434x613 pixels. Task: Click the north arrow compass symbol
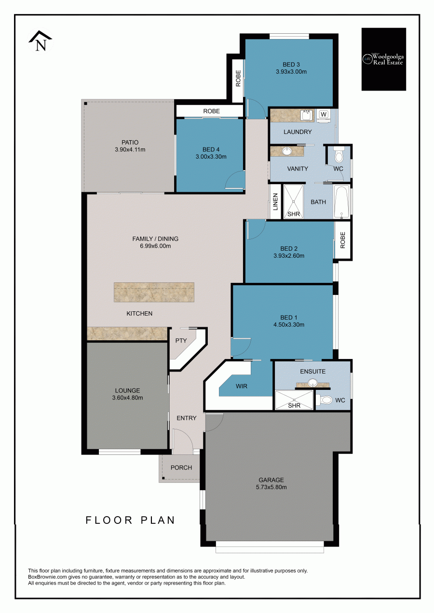41,40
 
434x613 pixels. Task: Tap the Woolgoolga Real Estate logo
384,59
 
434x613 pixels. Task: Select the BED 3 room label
291,65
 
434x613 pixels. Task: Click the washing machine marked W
324,116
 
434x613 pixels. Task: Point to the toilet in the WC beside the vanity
339,155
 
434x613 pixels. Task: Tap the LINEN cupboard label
275,202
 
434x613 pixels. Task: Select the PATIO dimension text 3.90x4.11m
130,150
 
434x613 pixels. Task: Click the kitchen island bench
154,292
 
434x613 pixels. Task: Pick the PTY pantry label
181,340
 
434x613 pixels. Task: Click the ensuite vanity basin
312,382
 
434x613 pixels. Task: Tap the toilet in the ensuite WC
324,400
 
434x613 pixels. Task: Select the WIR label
242,386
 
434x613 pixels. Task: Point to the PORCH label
181,467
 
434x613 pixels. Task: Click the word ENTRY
187,418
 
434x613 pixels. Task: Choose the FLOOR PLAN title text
130,520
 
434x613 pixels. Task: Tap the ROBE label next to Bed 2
342,240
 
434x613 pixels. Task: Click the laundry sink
307,115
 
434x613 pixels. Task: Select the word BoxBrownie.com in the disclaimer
46,577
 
